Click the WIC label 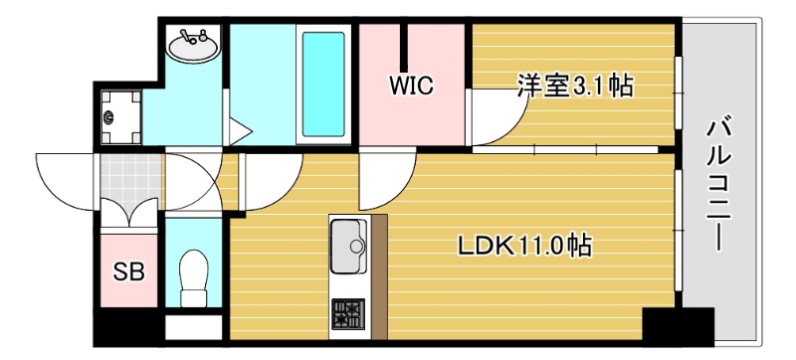(x=412, y=86)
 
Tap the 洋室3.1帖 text (x=574, y=87)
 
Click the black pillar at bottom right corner (x=677, y=327)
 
